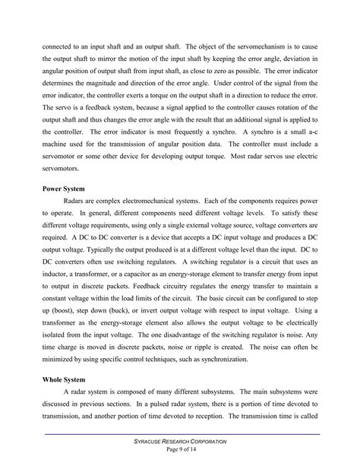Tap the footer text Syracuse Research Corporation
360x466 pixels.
(x=180, y=442)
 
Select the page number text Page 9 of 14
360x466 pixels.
(x=180, y=450)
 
